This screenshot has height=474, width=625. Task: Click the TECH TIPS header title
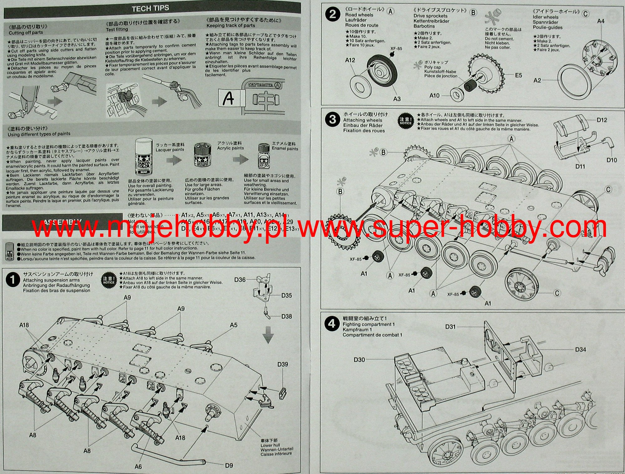150,8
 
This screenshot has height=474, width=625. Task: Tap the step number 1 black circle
13,280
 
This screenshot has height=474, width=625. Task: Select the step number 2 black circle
333,14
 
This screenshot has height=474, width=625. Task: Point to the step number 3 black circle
333,119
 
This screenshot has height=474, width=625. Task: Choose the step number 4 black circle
332,323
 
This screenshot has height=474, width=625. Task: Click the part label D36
240,280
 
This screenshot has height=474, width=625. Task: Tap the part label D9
229,466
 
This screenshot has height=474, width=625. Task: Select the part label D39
282,364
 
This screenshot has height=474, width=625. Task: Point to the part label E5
518,75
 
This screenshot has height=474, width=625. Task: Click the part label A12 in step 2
350,60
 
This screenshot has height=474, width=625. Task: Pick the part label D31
450,327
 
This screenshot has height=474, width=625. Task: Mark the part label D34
580,350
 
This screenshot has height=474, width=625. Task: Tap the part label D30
359,360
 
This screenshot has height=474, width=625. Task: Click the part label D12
602,120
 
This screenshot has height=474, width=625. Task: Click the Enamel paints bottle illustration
264,156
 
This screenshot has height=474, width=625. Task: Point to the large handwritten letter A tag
229,98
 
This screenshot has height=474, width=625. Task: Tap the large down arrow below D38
268,335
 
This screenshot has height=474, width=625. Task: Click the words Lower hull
270,445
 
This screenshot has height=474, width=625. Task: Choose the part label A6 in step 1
138,466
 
